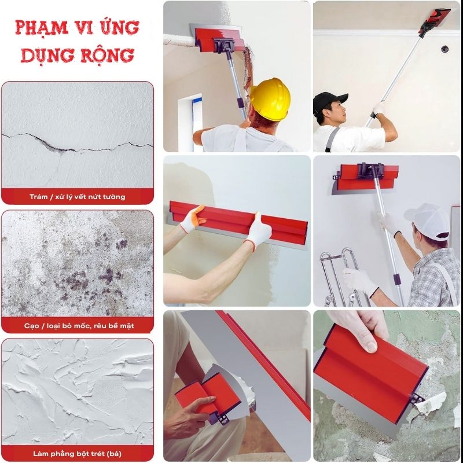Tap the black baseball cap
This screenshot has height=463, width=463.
coord(329,102)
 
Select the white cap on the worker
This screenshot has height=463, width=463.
coord(429,221)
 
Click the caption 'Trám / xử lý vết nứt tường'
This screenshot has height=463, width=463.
coord(77,197)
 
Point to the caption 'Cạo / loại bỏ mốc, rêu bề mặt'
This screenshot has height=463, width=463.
coord(77,326)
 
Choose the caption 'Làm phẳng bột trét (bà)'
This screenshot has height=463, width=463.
coord(77,453)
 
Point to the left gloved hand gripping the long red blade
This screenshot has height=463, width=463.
coord(192,219)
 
